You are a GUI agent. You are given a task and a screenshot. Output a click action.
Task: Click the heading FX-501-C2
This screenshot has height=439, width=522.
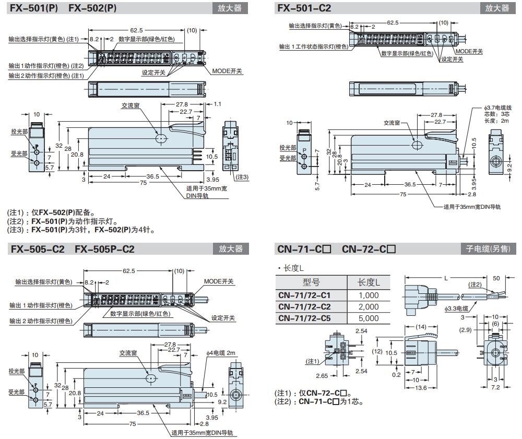pos(303,8)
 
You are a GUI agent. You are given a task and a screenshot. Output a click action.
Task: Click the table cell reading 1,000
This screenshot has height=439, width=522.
pos(369,295)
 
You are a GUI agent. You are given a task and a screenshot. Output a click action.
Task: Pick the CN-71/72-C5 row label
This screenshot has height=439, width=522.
pos(312,318)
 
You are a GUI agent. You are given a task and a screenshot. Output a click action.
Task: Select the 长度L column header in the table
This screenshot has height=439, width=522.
pos(369,282)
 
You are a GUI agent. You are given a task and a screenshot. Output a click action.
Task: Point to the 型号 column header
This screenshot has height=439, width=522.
pos(311,282)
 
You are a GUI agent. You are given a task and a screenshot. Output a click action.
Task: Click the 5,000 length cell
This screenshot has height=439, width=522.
pos(369,318)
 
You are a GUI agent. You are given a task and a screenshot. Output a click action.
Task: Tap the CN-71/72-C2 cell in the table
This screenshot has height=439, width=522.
pos(312,306)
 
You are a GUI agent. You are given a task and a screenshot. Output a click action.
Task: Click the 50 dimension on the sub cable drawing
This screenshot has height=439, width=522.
pos(496,278)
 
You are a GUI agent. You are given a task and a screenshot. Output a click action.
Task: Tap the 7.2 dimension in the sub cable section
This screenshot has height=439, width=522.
pos(496,388)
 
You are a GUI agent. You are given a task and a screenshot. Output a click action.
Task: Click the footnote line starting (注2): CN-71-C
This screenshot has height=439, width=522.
pos(318,401)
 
